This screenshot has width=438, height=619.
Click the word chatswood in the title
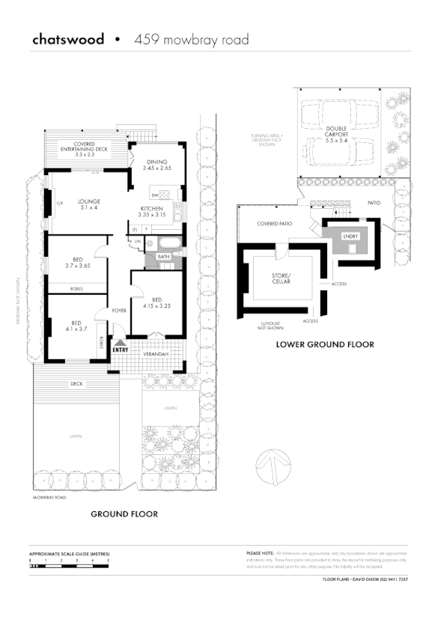68,39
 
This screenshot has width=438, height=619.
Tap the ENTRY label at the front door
120,349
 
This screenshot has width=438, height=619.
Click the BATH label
162,256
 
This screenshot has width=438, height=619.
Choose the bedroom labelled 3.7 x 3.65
77,262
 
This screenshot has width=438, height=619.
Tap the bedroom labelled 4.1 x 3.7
76,325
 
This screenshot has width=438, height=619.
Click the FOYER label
119,310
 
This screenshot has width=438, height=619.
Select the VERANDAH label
156,354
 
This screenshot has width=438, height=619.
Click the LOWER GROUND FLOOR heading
324,345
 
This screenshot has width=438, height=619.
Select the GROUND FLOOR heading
124,514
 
